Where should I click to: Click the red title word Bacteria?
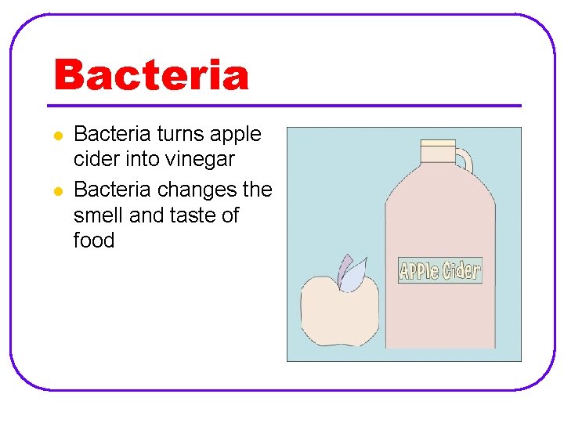(151, 76)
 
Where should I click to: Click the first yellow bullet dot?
(57, 136)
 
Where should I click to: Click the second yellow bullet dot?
(57, 191)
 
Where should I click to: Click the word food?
(94, 240)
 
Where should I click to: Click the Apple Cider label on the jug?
(439, 271)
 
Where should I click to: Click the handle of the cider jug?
(465, 161)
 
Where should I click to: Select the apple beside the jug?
(340, 312)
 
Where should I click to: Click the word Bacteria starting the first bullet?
(112, 135)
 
